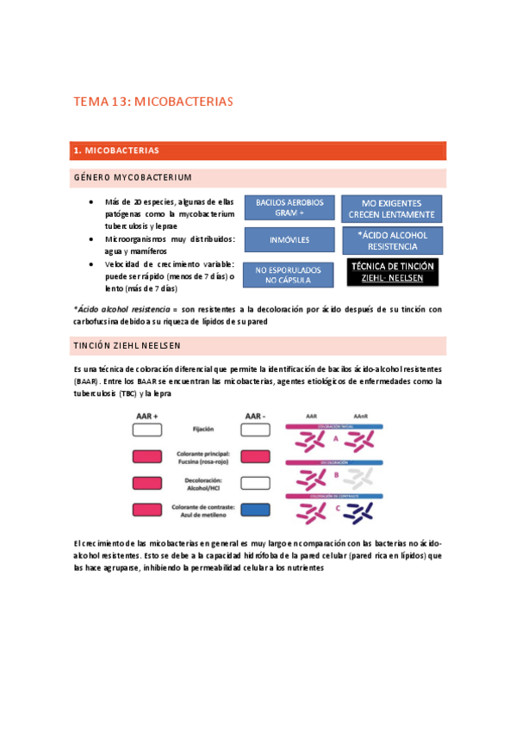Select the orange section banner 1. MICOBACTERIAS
point(258,151)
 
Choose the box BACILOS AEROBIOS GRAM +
point(289,207)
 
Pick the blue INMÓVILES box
point(289,238)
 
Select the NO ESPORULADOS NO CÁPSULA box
point(289,275)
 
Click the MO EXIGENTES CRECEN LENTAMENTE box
point(392,209)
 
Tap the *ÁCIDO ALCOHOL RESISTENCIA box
point(392,240)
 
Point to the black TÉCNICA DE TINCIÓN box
point(392,272)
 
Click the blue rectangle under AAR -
point(257,510)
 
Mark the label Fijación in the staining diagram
point(204,428)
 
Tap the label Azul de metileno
point(204,515)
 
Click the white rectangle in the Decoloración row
point(257,484)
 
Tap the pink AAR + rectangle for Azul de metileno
point(148,510)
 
